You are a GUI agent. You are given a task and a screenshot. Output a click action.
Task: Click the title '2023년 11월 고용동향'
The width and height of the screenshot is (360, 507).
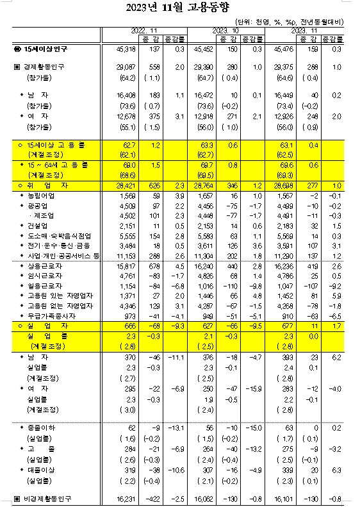tap(180, 8)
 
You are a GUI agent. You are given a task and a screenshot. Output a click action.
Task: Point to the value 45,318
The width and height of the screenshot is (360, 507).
tap(126, 49)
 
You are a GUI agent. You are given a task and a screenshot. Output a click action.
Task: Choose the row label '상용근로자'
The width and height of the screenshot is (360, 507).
tap(42, 265)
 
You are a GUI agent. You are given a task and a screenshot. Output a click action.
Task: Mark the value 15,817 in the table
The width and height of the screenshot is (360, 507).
tap(126, 265)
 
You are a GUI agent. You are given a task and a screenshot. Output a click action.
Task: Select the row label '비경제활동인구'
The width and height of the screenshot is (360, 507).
tap(47, 497)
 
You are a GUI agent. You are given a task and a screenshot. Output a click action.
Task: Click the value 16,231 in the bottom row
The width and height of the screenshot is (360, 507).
tap(126, 497)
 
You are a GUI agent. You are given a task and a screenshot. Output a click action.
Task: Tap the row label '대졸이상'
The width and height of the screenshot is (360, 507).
tap(40, 469)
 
